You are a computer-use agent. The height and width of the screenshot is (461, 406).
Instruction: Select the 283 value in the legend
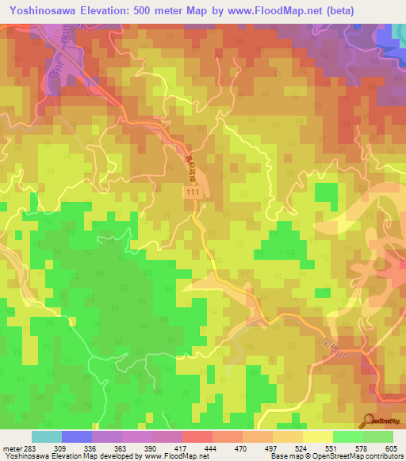[x=25, y=448]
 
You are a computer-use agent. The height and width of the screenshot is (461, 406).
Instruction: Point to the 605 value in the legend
[x=392, y=448]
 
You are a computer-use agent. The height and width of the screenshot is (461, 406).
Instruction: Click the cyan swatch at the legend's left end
[x=46, y=437]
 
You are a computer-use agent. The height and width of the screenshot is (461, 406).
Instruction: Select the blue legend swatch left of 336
[x=76, y=437]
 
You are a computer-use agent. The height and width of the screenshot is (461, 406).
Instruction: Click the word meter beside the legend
[x=9, y=448]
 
